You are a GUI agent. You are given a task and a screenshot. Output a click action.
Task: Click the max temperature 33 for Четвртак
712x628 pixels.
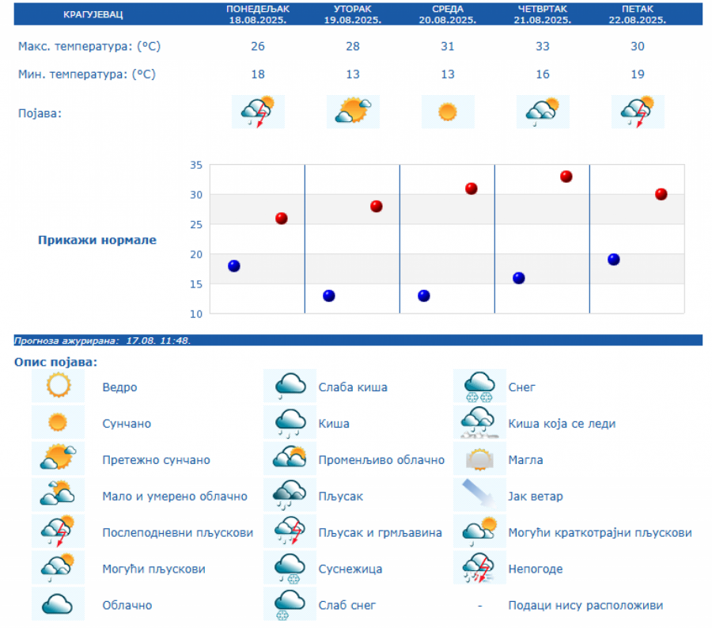(543, 46)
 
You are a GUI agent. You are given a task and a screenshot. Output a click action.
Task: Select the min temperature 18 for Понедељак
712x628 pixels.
(258, 74)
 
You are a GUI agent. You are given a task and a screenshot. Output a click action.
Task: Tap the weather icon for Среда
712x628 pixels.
(448, 112)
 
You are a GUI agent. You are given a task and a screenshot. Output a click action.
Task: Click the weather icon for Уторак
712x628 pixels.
(353, 112)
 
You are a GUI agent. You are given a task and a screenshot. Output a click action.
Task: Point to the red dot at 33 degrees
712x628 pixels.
(566, 177)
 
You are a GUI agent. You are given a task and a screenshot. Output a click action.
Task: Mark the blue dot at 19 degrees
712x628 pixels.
(614, 260)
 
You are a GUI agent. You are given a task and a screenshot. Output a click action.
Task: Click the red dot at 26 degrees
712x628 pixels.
(282, 219)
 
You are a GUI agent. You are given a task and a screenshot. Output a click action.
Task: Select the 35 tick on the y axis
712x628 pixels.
(195, 166)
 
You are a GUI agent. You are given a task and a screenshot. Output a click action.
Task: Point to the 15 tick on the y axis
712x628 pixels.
(195, 284)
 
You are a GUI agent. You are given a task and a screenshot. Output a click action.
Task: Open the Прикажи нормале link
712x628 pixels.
(97, 240)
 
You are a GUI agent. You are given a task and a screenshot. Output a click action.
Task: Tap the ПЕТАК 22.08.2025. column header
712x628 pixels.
(638, 15)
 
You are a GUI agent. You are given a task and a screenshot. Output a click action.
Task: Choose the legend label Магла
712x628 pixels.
(525, 460)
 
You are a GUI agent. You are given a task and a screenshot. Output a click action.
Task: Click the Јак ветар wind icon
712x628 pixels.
(479, 496)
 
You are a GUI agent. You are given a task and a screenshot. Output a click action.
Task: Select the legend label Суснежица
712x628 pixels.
(350, 569)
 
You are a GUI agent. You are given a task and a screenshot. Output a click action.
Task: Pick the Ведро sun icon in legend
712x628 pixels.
(59, 386)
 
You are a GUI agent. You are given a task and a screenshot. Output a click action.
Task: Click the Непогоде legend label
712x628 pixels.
(536, 569)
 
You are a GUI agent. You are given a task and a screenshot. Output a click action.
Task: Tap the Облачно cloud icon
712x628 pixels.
(59, 604)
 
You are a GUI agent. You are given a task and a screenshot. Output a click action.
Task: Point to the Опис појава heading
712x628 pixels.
(55, 362)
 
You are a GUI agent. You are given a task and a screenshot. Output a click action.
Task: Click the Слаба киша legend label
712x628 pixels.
(353, 387)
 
